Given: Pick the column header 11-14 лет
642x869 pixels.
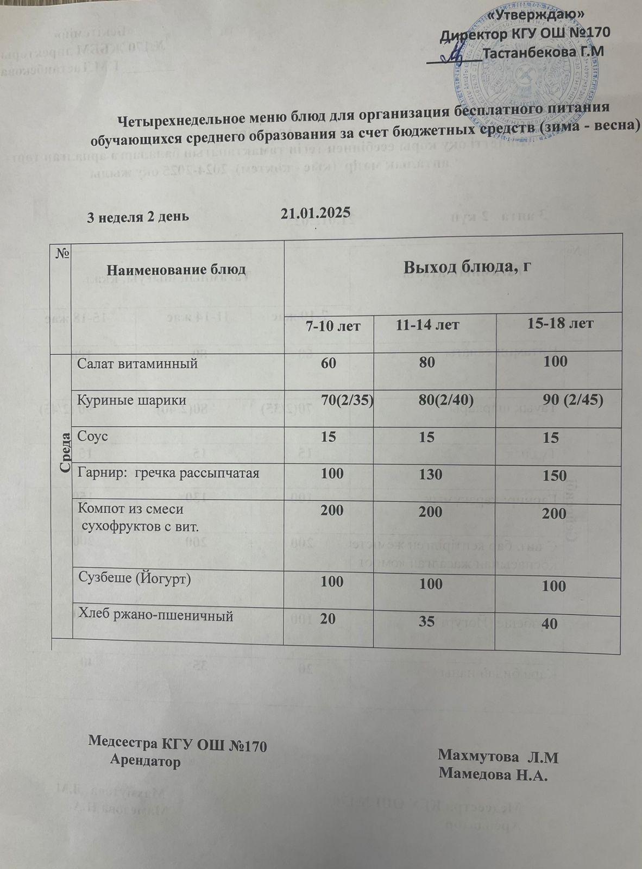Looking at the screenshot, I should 427,325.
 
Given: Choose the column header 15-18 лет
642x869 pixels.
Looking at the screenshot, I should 561,324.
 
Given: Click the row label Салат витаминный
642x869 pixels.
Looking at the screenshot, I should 137,363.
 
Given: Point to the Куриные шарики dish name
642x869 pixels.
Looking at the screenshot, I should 132,400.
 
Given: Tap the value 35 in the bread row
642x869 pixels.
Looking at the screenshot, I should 427,621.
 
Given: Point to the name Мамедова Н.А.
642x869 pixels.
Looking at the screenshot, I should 492,774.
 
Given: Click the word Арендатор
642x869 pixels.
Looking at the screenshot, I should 145,761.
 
